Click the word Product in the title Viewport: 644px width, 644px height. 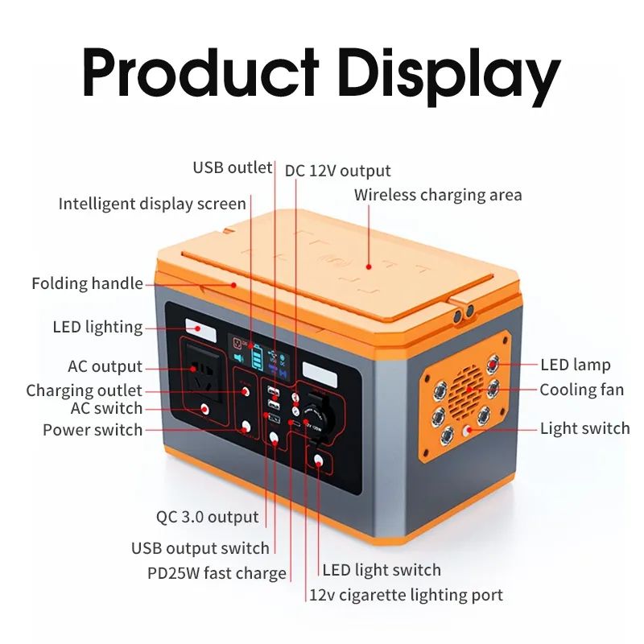tap(200, 72)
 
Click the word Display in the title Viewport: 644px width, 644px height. tap(449, 76)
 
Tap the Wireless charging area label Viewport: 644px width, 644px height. tap(438, 195)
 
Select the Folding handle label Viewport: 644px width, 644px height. tap(88, 284)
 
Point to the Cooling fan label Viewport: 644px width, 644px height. tap(581, 390)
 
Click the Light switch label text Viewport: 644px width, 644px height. tap(585, 428)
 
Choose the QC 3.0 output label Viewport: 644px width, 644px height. tap(208, 517)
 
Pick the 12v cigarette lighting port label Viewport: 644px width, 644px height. tap(406, 595)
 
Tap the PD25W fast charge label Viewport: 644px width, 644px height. tap(217, 573)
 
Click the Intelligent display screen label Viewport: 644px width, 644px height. tap(152, 204)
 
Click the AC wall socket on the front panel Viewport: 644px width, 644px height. tap(204, 373)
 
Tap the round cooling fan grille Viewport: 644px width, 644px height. tap(465, 387)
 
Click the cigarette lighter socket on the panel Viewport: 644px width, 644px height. tap(316, 418)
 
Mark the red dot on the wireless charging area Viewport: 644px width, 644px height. tap(369, 267)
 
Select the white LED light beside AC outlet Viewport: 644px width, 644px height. tap(200, 329)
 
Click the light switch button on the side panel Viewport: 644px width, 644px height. tap(467, 431)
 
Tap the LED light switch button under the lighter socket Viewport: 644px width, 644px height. tap(318, 460)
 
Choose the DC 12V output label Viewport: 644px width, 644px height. tap(337, 171)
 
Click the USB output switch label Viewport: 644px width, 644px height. tap(200, 548)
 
